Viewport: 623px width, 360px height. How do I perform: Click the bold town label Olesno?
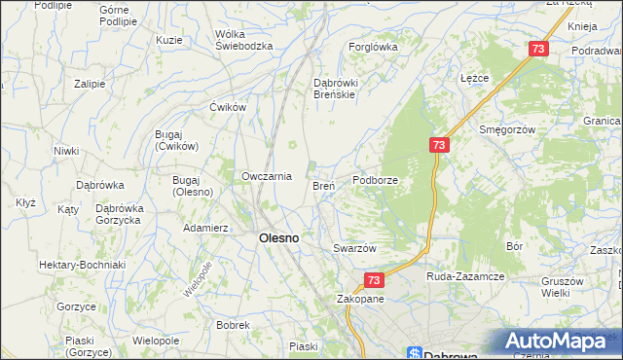click(277, 237)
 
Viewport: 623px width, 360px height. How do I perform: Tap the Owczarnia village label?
click(267, 176)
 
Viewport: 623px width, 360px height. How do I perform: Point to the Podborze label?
click(377, 180)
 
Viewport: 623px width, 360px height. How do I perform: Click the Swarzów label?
click(354, 248)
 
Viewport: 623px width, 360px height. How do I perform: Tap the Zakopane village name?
click(360, 299)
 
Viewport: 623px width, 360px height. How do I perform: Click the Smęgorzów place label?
click(507, 128)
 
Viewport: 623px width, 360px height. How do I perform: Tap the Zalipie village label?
click(89, 84)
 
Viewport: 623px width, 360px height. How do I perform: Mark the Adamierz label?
click(205, 228)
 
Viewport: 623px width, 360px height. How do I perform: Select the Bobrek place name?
click(234, 325)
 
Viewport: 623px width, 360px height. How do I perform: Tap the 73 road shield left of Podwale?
click(538, 49)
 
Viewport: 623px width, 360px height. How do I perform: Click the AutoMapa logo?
click(559, 342)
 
